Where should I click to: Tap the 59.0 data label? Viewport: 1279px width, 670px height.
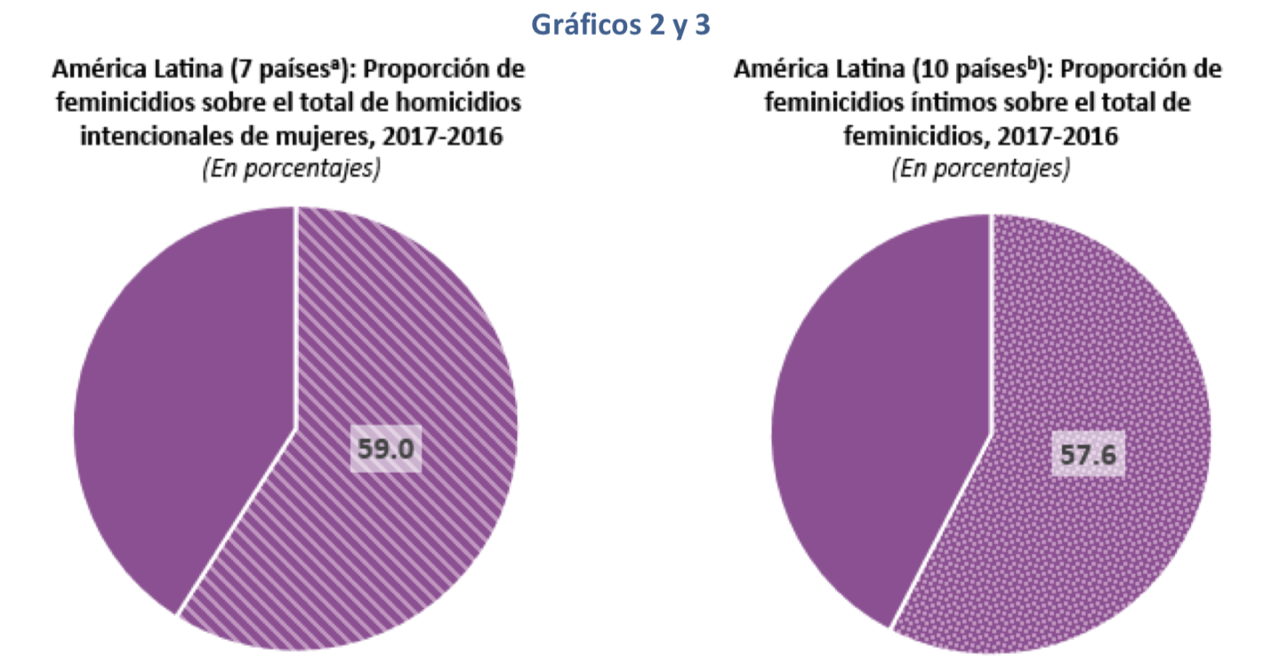(x=385, y=449)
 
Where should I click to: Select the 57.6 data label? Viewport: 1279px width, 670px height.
(x=1088, y=454)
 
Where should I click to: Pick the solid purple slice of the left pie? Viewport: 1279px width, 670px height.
(x=178, y=400)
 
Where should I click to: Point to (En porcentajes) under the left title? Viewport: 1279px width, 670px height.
(x=289, y=169)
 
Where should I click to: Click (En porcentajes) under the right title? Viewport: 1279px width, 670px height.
(x=981, y=169)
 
